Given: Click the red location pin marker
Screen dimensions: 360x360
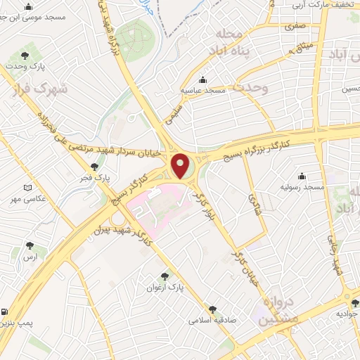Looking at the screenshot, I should [181, 165].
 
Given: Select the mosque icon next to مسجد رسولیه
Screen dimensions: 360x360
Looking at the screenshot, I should [302, 176].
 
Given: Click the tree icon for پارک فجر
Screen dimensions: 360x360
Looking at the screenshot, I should [94, 167].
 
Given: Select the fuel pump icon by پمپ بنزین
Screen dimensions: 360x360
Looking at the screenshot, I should [5, 311].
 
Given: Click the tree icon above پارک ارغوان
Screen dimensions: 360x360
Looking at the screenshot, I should [165, 276].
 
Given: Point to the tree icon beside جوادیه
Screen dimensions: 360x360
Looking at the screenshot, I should [355, 304].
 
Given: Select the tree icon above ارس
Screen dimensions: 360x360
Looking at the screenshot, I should [29, 245].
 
